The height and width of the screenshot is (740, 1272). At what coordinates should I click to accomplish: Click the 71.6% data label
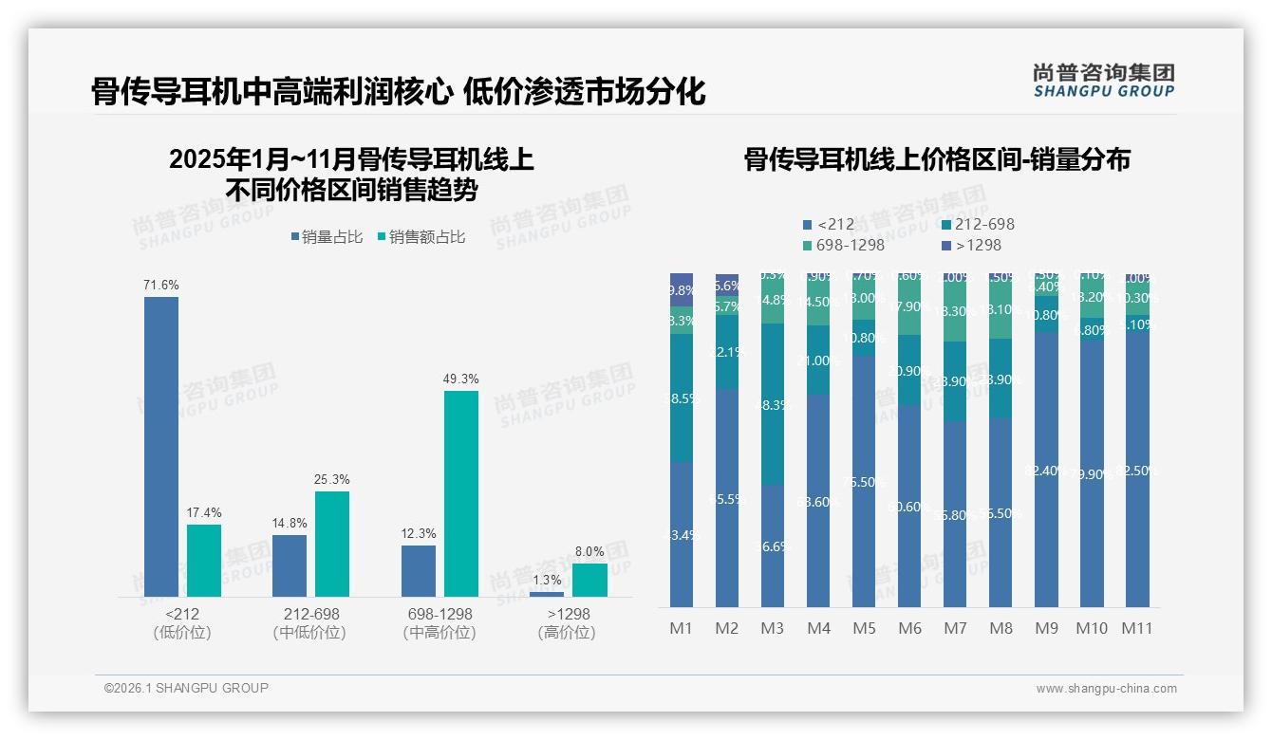pos(161,285)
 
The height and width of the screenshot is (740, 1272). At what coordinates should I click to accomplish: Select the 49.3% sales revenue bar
pos(461,493)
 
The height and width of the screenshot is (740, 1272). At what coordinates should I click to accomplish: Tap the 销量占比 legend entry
pos(327,237)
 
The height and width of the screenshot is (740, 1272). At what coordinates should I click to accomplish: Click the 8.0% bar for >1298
pos(589,580)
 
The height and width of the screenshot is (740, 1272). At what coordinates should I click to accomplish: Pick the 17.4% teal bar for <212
pos(204,560)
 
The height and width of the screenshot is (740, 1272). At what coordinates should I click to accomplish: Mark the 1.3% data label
pos(547,580)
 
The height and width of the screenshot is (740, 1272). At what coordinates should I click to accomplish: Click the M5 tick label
pos(864,628)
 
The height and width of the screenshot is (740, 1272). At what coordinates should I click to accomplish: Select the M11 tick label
pos(1136,628)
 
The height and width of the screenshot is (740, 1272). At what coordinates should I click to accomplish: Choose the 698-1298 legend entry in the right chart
pos(844,246)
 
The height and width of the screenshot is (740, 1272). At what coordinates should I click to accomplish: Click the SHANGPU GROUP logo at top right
pos(1104,81)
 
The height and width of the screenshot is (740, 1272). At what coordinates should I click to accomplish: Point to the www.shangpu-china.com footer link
pos(1106,689)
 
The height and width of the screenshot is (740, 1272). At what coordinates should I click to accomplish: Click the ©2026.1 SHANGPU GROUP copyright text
pos(186,688)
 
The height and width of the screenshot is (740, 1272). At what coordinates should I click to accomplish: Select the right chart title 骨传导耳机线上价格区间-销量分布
pos(937,159)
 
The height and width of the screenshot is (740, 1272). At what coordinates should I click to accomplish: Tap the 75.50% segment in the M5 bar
pos(864,481)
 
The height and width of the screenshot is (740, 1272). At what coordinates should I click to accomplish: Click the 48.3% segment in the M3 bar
pos(773,404)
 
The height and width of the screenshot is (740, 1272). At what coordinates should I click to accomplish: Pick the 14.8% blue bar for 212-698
pos(290,565)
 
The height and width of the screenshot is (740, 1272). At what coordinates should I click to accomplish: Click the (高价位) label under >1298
pos(568,633)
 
